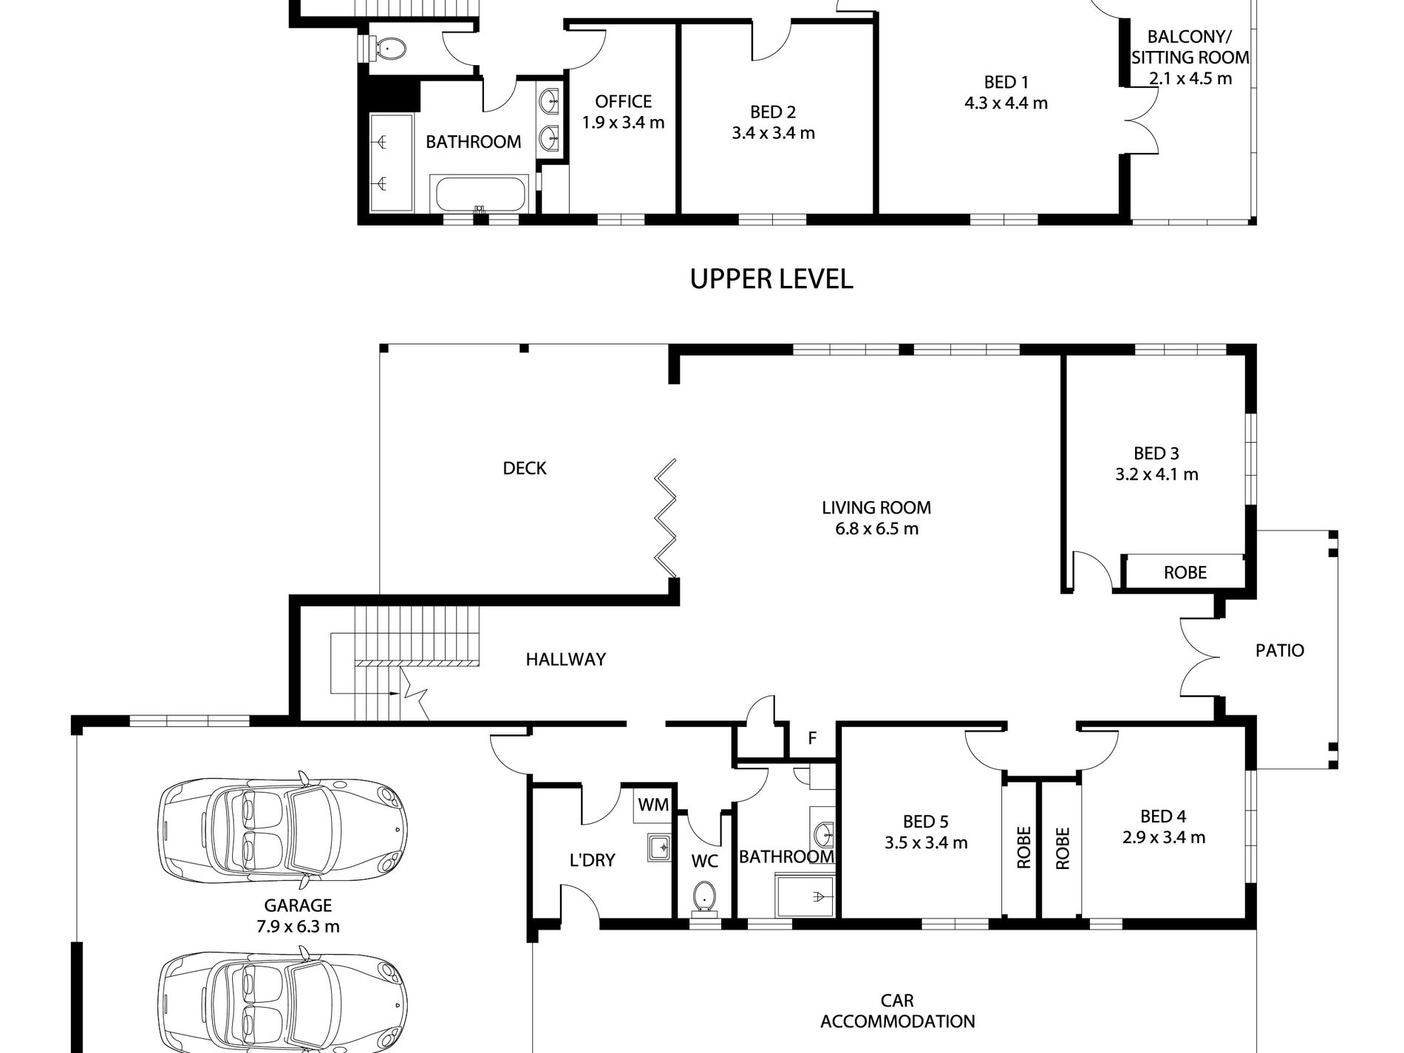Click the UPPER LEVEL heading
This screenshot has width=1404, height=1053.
pos(771,278)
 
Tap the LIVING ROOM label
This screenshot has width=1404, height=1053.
pos(876,508)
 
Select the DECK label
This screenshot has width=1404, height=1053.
pos(525,468)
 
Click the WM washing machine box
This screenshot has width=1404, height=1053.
pos(652,805)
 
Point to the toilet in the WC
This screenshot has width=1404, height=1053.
pos(704,896)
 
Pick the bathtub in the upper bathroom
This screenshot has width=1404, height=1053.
pos(481,194)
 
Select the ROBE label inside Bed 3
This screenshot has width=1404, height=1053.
pos(1185,572)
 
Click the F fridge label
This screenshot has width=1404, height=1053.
pos(812,737)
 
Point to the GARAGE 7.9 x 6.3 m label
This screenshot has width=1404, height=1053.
pos(299,916)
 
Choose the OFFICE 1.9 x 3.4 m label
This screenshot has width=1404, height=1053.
pos(624,112)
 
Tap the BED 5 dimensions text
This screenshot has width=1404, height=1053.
pos(926,842)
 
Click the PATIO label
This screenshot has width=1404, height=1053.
pos(1280,650)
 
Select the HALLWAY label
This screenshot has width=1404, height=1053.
pos(566,659)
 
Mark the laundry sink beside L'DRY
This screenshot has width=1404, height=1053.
pos(658,848)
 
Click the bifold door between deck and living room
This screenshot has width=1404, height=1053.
pos(666,517)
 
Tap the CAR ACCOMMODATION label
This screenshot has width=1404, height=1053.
pos(898,1011)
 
